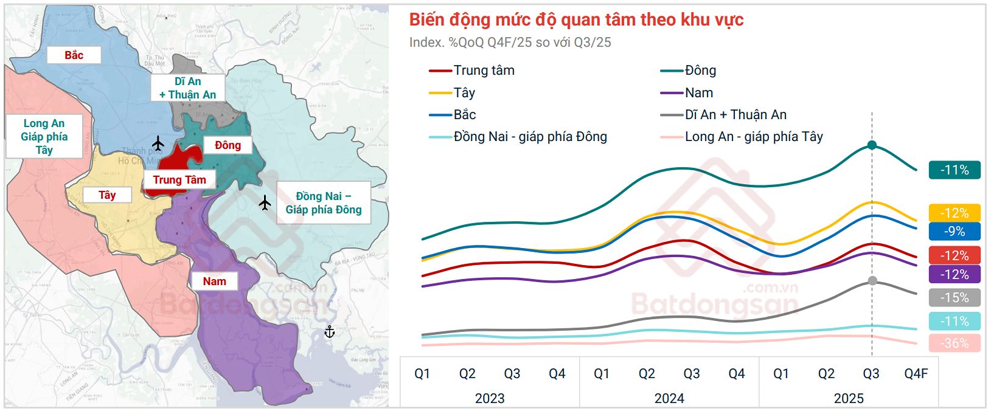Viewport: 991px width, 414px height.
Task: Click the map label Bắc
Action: click(x=74, y=55)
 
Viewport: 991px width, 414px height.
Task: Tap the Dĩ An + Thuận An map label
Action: click(x=187, y=88)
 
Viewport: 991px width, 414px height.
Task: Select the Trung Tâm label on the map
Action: click(x=179, y=180)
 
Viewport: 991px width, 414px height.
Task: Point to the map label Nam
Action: click(x=214, y=281)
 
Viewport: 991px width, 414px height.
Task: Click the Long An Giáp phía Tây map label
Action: click(x=44, y=137)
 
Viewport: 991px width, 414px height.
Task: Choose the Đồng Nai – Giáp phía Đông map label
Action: click(x=323, y=203)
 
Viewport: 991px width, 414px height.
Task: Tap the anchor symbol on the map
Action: click(x=329, y=332)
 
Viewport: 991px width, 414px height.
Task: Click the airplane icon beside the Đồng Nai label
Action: click(x=265, y=202)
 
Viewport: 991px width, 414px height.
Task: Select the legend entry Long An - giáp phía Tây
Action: click(x=742, y=137)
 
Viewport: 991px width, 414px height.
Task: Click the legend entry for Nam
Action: click(x=687, y=93)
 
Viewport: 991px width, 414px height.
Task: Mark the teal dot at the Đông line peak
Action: click(x=872, y=145)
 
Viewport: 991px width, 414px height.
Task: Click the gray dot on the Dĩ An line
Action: click(x=872, y=280)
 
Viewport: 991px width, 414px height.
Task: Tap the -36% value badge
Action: click(x=954, y=343)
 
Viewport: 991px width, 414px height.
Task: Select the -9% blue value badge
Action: click(x=954, y=232)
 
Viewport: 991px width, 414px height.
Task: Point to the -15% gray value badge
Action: click(x=954, y=298)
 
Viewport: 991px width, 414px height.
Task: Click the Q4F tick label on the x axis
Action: click(x=916, y=374)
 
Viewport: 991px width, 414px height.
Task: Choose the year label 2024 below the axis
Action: click(x=669, y=399)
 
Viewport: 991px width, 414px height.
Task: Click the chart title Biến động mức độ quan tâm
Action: click(x=576, y=20)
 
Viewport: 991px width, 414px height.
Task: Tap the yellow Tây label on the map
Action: click(x=107, y=195)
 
